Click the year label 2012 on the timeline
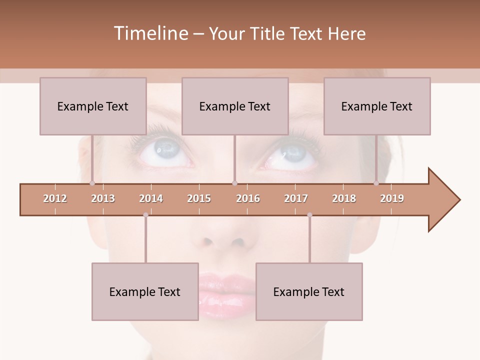coord(55,198)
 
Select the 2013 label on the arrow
coord(103,198)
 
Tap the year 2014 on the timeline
coord(151,198)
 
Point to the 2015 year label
coord(199,198)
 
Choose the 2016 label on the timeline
coord(248,198)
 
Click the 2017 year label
coord(296,198)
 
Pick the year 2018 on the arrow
coord(344,198)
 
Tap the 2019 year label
coord(392,198)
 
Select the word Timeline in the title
coord(150,33)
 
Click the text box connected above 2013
coord(93,106)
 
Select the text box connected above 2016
coord(235,106)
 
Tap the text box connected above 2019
coord(377,106)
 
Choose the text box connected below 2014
coord(145,291)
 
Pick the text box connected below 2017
coord(309,291)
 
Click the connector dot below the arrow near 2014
coord(145,215)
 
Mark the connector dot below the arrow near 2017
coord(309,215)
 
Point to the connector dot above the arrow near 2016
coord(235,183)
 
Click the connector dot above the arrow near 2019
coord(376,183)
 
